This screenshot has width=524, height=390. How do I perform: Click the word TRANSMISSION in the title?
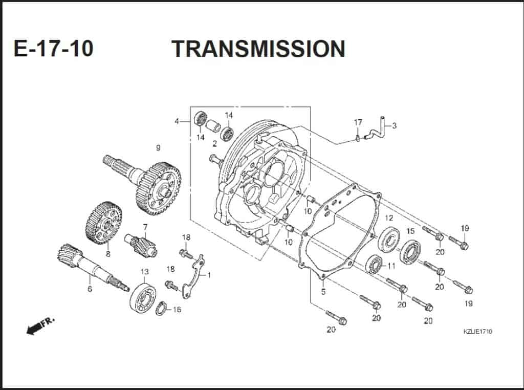click(258, 49)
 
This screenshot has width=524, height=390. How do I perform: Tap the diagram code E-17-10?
click(54, 49)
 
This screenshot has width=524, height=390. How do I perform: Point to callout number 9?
click(158, 148)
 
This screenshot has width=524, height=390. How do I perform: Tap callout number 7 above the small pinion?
click(145, 227)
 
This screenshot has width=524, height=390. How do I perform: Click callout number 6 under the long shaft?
click(90, 289)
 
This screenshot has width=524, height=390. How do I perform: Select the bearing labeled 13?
click(143, 297)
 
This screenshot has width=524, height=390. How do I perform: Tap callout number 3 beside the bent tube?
click(394, 124)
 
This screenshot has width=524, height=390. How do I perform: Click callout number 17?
click(358, 122)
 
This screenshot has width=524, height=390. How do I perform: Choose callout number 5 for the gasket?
click(323, 292)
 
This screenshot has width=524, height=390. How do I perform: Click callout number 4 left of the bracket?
click(177, 121)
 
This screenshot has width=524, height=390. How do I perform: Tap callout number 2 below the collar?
click(214, 144)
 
